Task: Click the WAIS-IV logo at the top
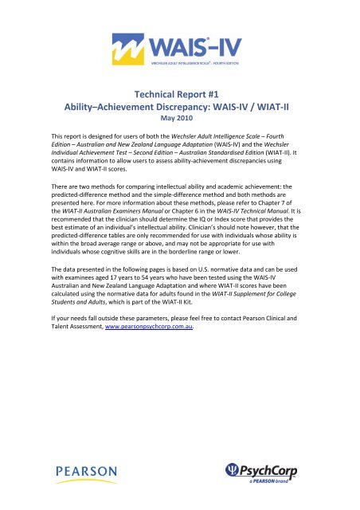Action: point(179,45)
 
